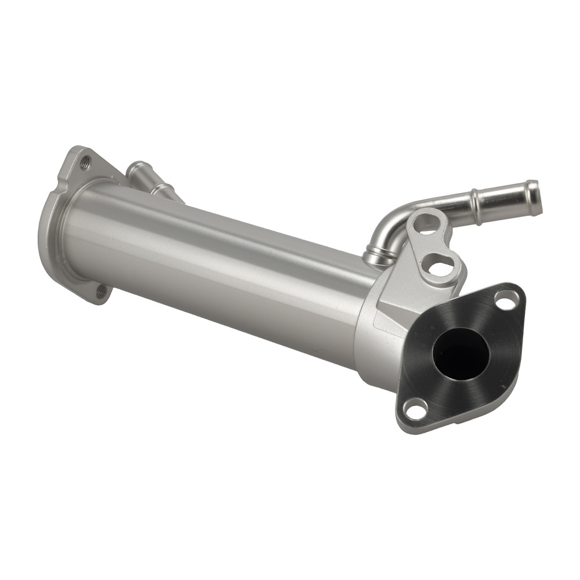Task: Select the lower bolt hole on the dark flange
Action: point(415,409)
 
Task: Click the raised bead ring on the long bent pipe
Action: point(476,204)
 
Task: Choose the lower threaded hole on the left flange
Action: point(100,290)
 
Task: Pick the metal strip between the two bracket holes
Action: point(436,245)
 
